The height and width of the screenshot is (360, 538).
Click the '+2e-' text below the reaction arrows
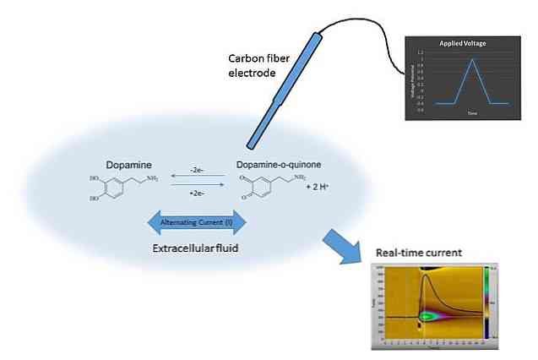(x=198, y=194)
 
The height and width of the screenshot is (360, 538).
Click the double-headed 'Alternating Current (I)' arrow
(x=197, y=223)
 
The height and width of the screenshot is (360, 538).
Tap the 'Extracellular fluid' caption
(x=197, y=249)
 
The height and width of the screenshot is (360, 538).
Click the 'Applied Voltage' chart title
(x=462, y=42)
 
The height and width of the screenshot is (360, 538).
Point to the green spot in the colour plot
(x=428, y=316)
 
